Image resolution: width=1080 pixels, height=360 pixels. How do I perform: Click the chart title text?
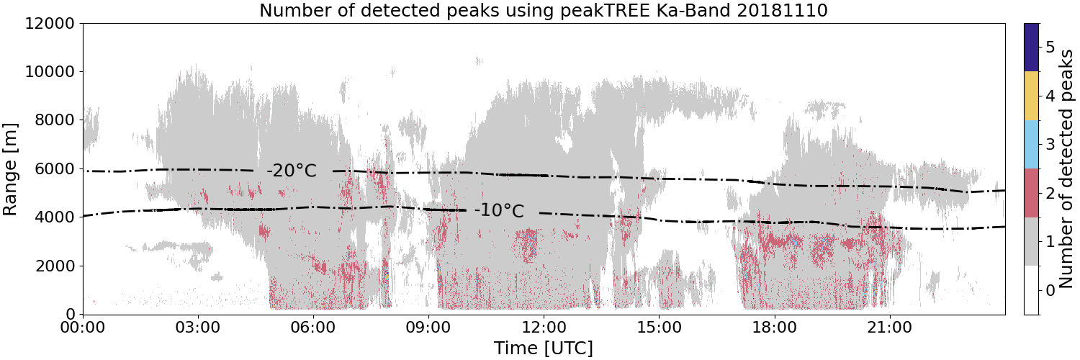(x=544, y=10)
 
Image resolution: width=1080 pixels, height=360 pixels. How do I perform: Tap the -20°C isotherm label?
(x=292, y=171)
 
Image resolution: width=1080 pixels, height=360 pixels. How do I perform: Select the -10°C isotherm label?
(x=499, y=211)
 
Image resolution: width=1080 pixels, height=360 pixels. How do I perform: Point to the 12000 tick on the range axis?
(x=50, y=24)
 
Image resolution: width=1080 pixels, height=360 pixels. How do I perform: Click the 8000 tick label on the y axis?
(x=55, y=120)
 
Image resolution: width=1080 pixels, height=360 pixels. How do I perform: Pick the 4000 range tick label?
(x=55, y=217)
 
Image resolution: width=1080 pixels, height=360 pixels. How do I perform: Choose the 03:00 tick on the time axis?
(x=198, y=328)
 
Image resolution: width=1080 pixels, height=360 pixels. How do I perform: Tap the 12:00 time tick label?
(x=544, y=328)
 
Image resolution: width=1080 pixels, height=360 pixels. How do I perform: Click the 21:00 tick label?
(x=889, y=328)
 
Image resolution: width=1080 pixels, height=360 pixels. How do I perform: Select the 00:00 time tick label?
(x=83, y=328)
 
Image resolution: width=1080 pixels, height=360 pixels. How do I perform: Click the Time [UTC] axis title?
(x=544, y=348)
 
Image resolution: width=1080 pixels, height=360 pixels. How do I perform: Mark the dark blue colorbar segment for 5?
(x=1031, y=48)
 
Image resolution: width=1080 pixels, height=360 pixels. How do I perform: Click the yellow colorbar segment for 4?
(x=1031, y=96)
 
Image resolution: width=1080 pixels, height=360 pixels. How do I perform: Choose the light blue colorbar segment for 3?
(x=1031, y=145)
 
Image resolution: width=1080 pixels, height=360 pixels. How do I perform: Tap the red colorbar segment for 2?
(x=1031, y=193)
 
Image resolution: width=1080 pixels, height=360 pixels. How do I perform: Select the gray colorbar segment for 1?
(x=1031, y=241)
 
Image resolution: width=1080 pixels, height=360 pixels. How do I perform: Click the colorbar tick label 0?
(x=1050, y=291)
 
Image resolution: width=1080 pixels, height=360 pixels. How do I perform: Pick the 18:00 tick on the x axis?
(x=774, y=328)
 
